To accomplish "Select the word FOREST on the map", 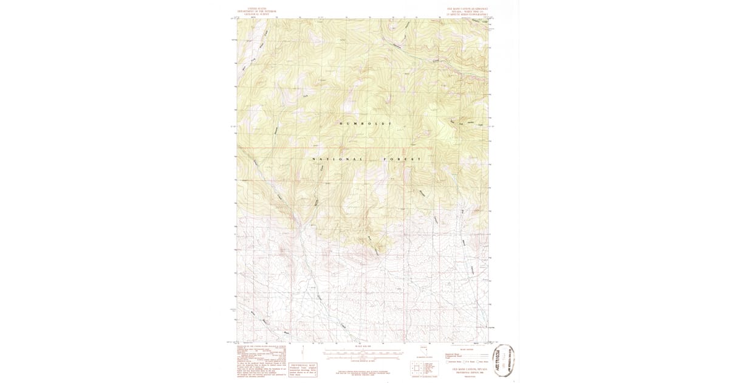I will tap(402, 159).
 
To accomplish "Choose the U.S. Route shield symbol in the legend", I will tap(465, 362).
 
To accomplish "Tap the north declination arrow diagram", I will tap(428, 351).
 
